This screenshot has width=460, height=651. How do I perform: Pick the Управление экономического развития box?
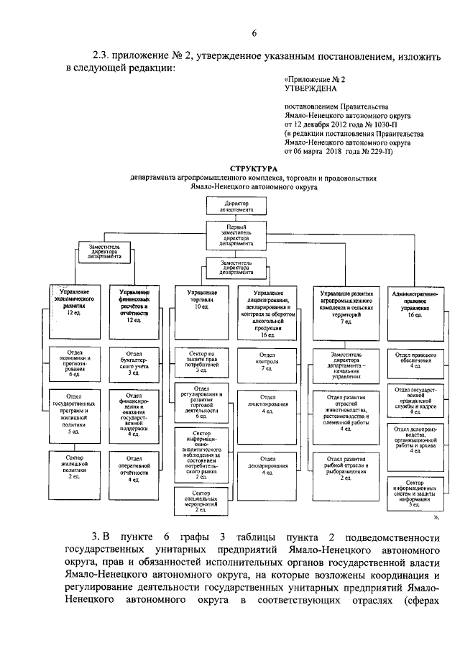[72, 303]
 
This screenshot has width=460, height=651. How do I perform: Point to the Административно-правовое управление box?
[415, 304]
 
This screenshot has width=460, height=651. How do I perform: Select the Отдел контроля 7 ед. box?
[267, 363]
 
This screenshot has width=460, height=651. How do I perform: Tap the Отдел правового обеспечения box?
[415, 360]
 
